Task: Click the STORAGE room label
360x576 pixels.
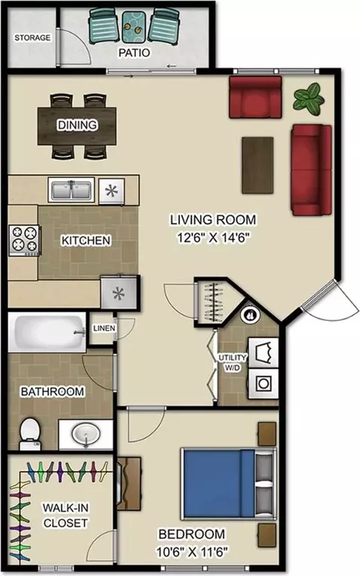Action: coord(32,37)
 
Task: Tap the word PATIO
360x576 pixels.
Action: coord(134,53)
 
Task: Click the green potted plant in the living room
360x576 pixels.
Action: coord(308,98)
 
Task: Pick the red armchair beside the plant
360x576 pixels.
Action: coord(255,97)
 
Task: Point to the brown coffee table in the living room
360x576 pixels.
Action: coord(257,165)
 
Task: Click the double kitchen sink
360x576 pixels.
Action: coord(71,190)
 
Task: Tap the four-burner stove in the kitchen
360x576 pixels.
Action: coord(24,240)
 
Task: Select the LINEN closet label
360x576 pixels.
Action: coord(104,328)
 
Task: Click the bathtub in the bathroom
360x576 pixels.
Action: coord(47,332)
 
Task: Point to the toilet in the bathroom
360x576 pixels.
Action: coord(30,433)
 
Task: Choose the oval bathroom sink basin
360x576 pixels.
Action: coord(86,434)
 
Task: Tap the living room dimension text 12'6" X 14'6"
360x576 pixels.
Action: coord(214,238)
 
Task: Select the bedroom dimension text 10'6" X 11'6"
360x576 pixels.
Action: coord(192,551)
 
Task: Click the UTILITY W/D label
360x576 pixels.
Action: coord(232,362)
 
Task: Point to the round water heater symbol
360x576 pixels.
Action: coord(250,315)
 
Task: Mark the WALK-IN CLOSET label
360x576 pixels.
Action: coord(65,515)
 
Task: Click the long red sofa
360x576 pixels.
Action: coord(311,170)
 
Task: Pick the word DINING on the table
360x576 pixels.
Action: coord(77,125)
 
